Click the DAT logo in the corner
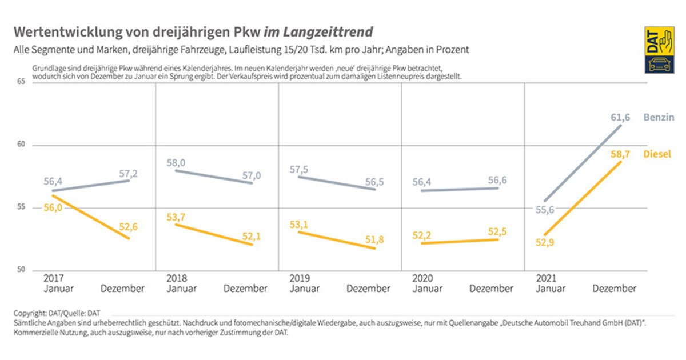[659, 50]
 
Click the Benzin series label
[659, 118]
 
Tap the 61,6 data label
[620, 118]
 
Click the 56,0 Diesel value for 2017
[53, 208]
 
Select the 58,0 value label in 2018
[176, 163]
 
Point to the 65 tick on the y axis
[21, 82]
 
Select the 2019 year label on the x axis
[301, 278]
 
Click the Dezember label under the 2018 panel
[245, 289]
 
